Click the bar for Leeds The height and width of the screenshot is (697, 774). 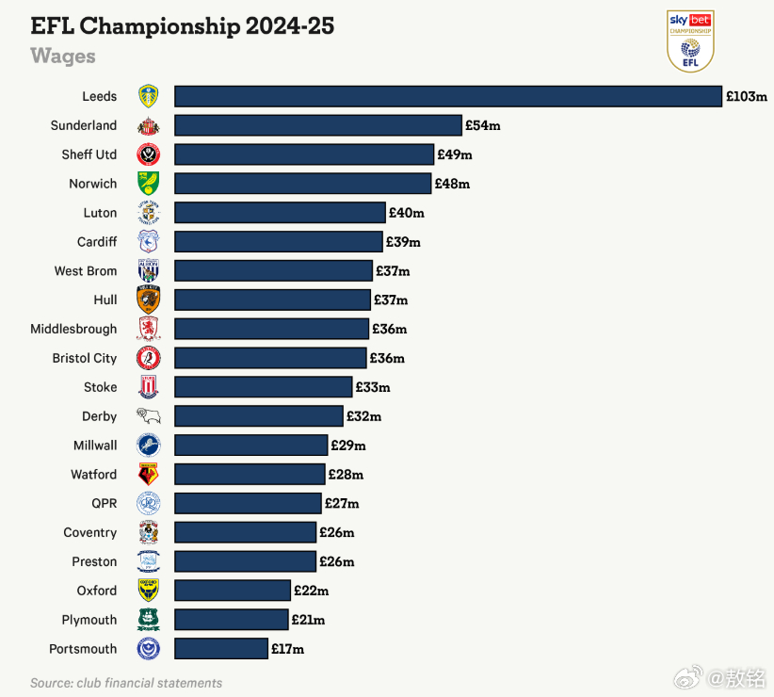point(448,96)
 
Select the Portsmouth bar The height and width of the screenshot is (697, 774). point(221,649)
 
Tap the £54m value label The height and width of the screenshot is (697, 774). point(483,125)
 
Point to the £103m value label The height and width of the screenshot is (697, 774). point(746,96)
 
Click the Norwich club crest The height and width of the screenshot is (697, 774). point(149,184)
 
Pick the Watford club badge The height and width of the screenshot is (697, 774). point(149,474)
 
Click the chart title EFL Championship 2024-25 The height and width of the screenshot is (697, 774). point(183,25)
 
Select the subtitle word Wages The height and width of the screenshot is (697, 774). point(63,56)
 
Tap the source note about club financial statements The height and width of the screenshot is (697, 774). point(126,683)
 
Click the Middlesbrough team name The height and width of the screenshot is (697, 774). point(73,329)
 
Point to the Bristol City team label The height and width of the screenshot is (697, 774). point(85,358)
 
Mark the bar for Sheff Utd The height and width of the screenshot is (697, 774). point(304,154)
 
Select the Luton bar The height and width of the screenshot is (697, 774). point(280,213)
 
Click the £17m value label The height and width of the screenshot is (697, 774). point(287,649)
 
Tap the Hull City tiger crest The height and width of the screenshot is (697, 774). point(149,300)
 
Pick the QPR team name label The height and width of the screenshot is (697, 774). point(104,503)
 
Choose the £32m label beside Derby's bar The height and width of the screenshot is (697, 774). point(363,416)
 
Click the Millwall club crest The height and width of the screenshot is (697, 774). point(149,445)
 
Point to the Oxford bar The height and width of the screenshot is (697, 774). point(233,591)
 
